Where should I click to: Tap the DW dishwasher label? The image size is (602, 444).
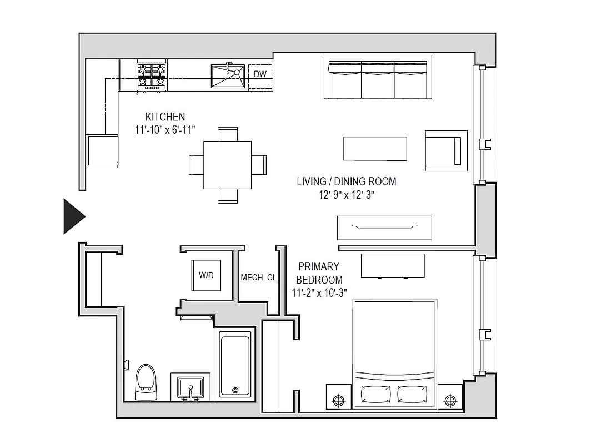click(260, 74)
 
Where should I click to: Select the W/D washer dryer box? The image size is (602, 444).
click(206, 275)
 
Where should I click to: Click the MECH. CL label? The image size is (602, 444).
click(258, 277)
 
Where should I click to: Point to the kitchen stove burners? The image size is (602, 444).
click(152, 76)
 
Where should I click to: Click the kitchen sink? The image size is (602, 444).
click(228, 76)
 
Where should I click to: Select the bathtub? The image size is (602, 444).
click(234, 364)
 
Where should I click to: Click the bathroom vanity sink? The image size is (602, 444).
click(190, 387)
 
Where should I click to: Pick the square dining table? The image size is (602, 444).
click(227, 165)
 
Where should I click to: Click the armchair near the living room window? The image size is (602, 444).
click(445, 150)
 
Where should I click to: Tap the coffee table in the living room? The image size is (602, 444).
click(375, 148)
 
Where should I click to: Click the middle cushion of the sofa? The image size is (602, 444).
click(378, 79)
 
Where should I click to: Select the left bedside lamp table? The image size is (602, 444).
click(338, 399)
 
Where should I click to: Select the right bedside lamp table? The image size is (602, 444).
click(450, 399)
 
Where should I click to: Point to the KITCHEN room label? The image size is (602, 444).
click(165, 117)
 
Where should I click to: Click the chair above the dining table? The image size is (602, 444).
click(227, 134)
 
